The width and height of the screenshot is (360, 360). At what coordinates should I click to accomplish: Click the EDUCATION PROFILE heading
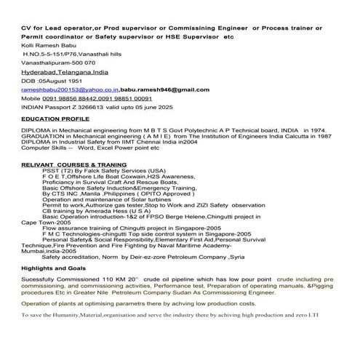pos(54,116)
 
